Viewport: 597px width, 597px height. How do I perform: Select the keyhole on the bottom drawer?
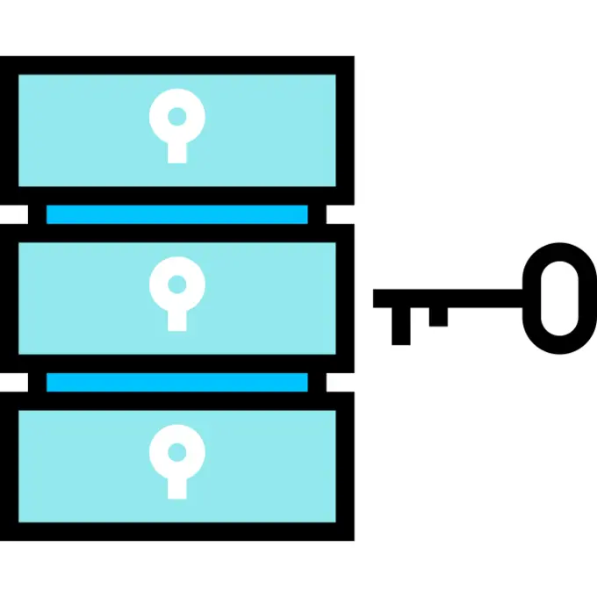[x=177, y=464]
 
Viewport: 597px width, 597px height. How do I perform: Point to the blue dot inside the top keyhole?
[x=177, y=116]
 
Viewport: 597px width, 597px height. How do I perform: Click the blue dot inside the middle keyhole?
[x=177, y=284]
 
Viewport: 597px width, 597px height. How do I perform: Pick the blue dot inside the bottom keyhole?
[x=177, y=452]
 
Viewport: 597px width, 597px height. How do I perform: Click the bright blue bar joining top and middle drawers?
[x=177, y=214]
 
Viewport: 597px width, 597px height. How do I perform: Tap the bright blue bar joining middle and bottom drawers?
[x=177, y=382]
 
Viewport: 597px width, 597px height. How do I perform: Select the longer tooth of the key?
[x=400, y=325]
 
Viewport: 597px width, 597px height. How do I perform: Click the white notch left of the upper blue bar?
[x=13, y=214]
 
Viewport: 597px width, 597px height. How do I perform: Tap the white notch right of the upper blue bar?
[x=341, y=214]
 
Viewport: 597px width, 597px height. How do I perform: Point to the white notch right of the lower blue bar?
[x=341, y=382]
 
